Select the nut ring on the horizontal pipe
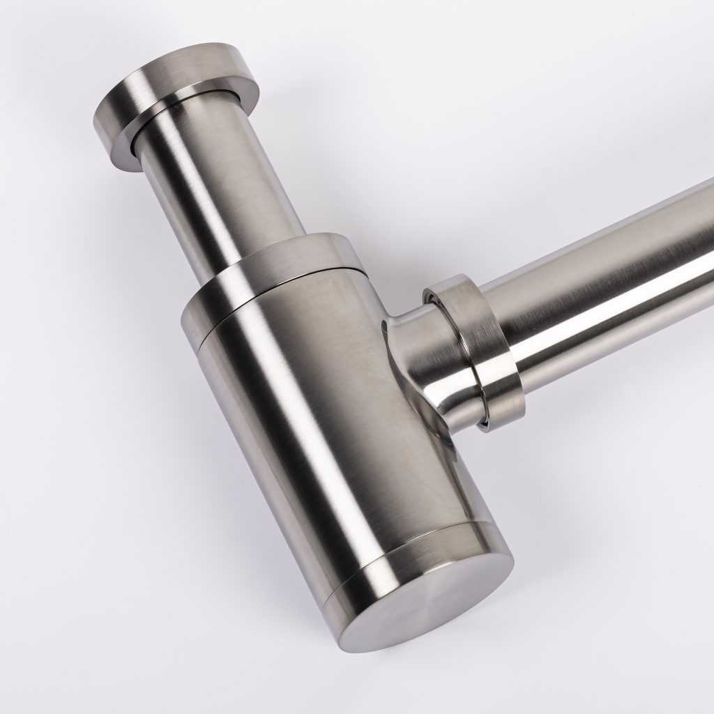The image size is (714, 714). pyautogui.click(x=481, y=349)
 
